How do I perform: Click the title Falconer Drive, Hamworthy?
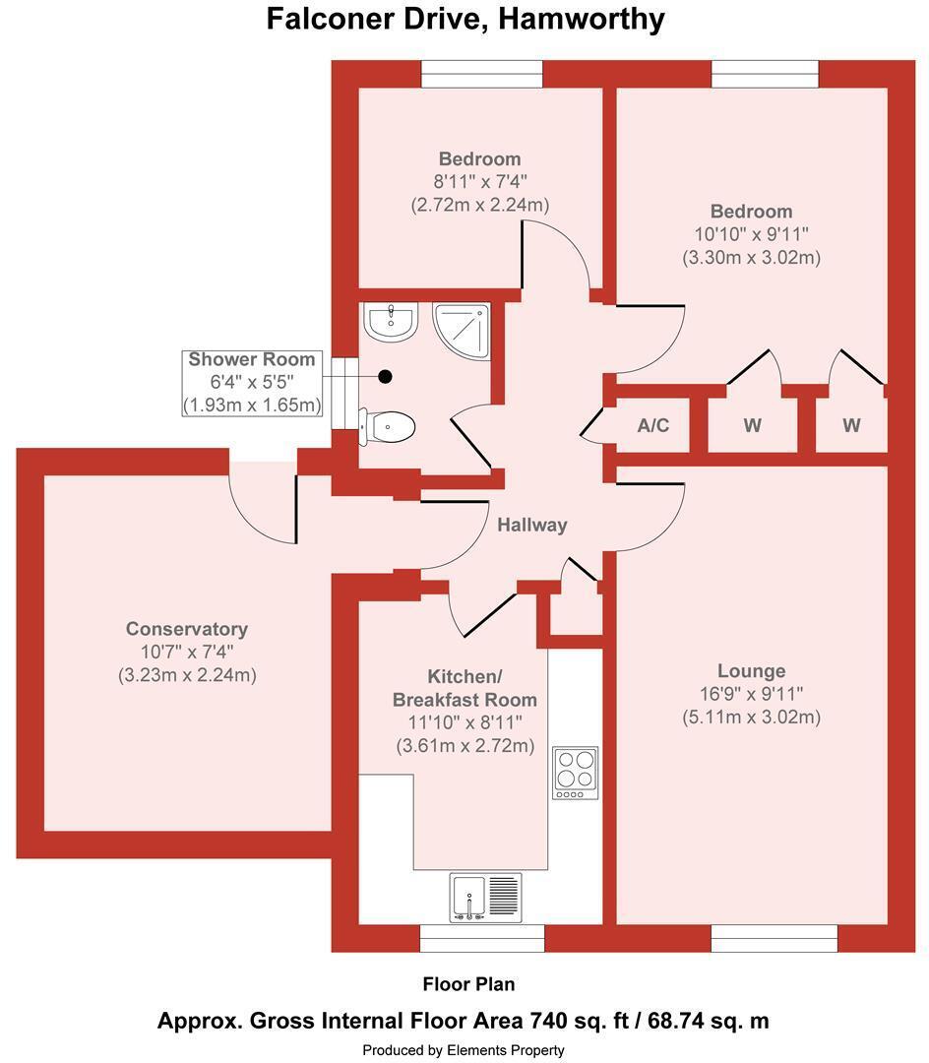click(x=464, y=19)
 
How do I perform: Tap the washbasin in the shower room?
click(x=391, y=321)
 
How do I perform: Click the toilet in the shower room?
click(x=386, y=427)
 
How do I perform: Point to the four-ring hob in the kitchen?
click(x=576, y=773)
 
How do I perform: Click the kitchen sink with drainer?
click(x=486, y=898)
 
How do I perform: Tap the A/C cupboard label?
click(x=653, y=426)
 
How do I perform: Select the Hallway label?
click(x=532, y=525)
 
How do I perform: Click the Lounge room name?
click(x=752, y=671)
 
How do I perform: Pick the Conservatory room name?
click(x=187, y=629)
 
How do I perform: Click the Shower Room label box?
click(x=252, y=383)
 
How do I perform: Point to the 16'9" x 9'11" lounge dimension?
click(x=752, y=694)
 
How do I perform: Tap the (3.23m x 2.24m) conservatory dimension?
click(x=187, y=675)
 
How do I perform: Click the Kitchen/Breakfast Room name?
click(x=464, y=688)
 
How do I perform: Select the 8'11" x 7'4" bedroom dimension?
click(x=480, y=182)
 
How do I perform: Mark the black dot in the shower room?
click(x=385, y=376)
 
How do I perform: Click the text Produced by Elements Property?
click(x=464, y=1050)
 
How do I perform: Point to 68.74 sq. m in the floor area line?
click(x=709, y=1021)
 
